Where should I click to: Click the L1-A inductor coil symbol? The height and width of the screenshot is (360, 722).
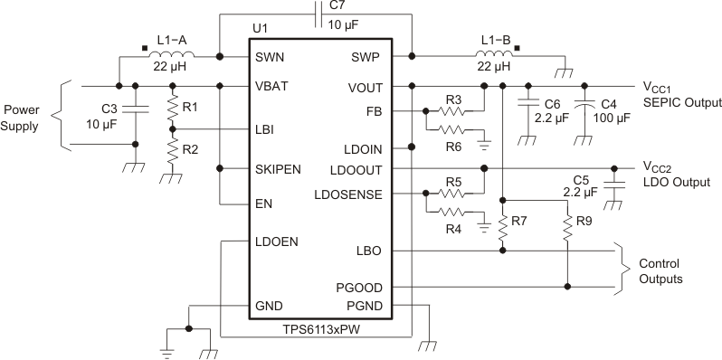point(169,56)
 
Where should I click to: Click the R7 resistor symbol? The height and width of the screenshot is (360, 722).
point(503,225)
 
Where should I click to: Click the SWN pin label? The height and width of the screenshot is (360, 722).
point(271,57)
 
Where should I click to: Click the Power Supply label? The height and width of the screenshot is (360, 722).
point(22,118)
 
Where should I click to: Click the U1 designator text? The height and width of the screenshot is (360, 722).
point(261,29)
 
